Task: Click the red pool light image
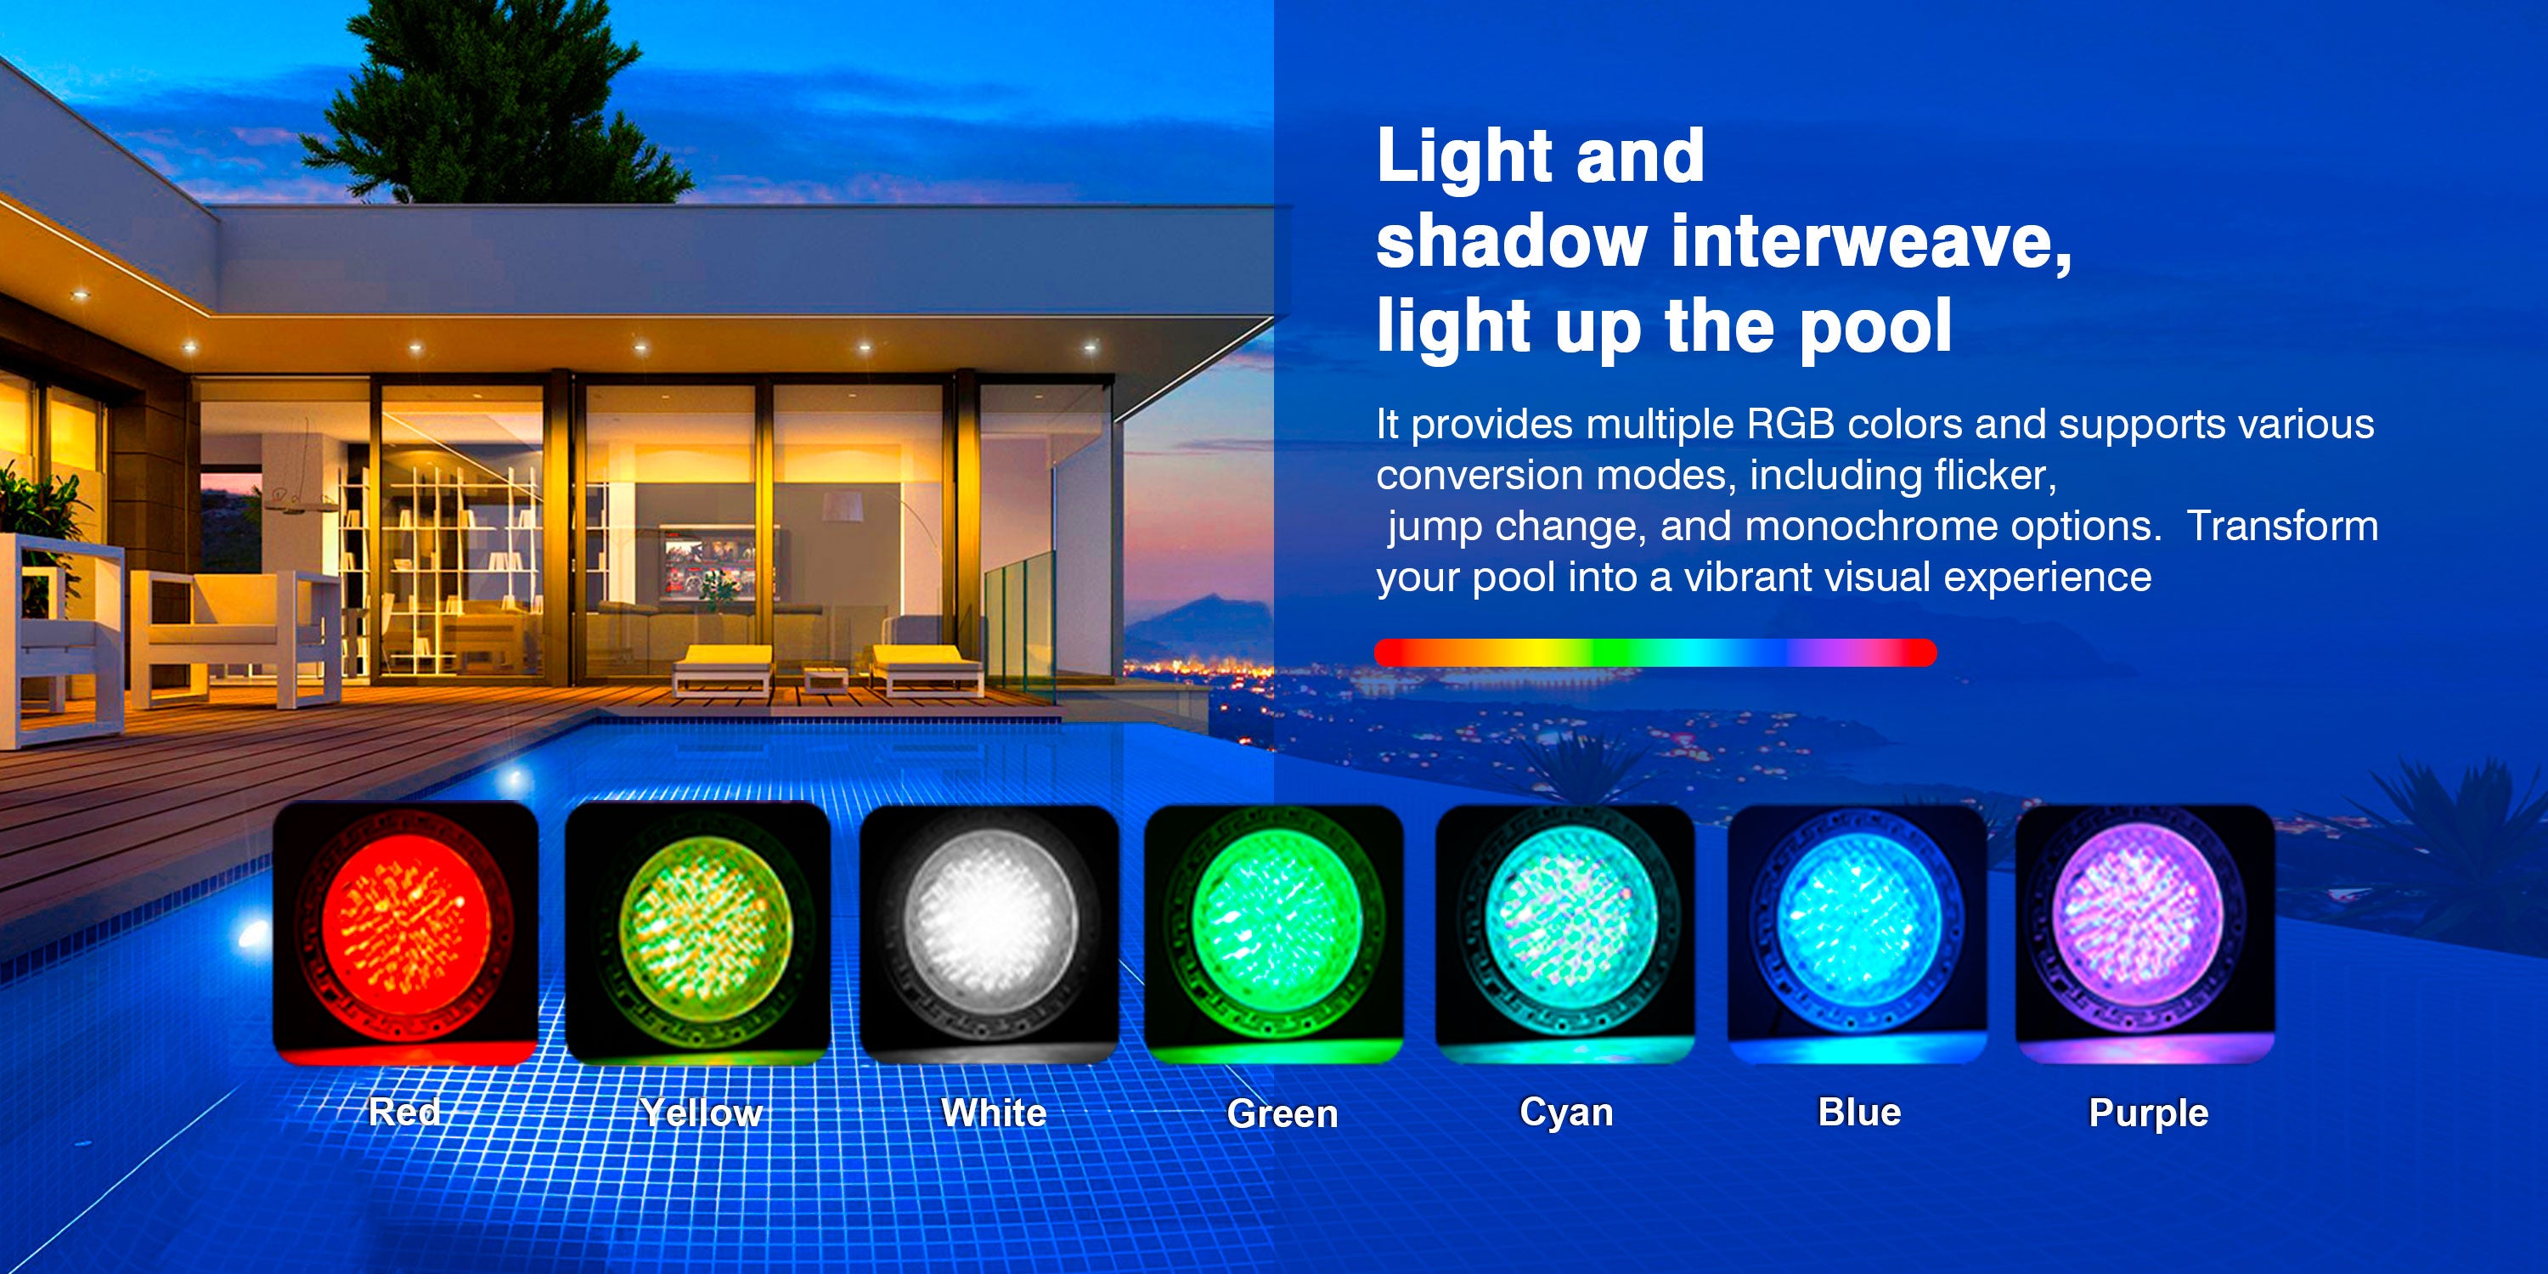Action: tap(405, 933)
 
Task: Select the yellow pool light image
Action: tap(697, 933)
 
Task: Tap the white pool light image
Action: tap(989, 933)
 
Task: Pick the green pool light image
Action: tap(1274, 933)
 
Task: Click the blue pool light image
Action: tap(1857, 933)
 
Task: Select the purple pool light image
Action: tap(2145, 933)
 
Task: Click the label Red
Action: tap(404, 1112)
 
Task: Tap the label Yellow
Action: tap(701, 1113)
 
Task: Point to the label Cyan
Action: tap(1567, 1113)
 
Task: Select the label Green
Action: tap(1282, 1113)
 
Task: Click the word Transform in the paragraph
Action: tap(2282, 527)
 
